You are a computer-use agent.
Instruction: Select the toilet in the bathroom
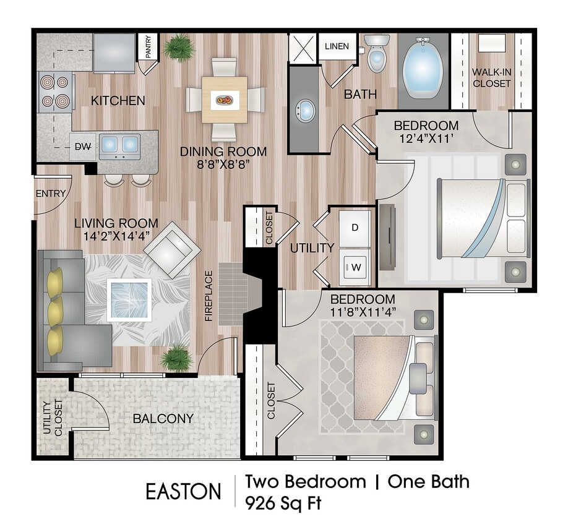376,55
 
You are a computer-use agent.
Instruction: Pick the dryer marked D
355,227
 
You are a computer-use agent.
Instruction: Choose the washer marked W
355,267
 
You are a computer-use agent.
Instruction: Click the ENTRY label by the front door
51,194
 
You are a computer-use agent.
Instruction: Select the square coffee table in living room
130,300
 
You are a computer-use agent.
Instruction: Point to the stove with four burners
55,91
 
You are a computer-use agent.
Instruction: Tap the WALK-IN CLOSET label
492,77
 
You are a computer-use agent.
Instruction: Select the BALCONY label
163,419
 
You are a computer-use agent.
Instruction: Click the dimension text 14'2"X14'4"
116,235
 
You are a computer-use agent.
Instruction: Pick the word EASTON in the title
183,491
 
